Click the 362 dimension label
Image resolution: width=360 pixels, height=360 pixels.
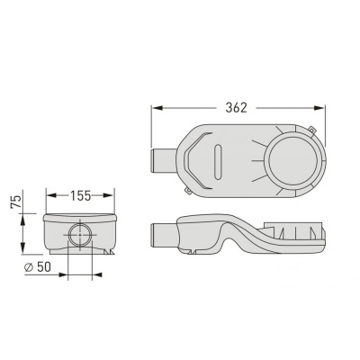coord(236,108)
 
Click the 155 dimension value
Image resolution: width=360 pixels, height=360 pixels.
coord(80,195)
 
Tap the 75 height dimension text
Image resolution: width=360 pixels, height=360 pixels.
coord(16,202)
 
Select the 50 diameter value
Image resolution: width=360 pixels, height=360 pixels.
coord(44,267)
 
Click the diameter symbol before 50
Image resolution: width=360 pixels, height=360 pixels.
coord(29,267)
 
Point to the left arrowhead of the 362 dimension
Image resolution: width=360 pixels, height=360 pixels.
coord(157,108)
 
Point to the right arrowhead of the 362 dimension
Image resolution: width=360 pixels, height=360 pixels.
coord(319,108)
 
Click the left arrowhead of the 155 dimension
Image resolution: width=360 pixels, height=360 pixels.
coord(51,195)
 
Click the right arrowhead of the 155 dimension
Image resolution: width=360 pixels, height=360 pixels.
coord(108,195)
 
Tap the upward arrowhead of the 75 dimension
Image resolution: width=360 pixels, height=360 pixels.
coord(22,220)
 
